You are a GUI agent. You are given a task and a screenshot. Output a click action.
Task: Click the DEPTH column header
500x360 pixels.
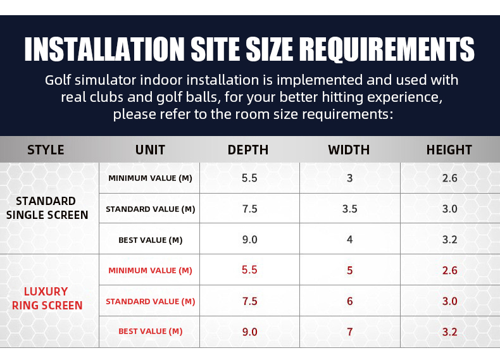(x=247, y=150)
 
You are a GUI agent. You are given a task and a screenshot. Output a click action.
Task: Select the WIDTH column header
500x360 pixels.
(x=349, y=150)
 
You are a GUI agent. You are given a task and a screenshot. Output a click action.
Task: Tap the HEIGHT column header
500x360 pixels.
(x=449, y=150)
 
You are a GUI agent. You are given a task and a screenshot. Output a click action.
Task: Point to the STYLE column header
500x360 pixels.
(x=46, y=150)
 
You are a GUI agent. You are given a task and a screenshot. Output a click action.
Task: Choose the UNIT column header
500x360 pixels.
(x=150, y=150)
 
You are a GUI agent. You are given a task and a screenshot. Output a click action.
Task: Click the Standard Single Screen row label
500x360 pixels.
(x=47, y=208)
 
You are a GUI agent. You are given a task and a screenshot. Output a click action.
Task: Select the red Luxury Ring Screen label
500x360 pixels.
(x=47, y=299)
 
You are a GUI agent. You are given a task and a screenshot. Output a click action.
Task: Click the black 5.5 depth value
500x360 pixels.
(x=249, y=178)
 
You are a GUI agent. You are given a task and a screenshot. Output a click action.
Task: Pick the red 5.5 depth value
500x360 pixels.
(x=249, y=270)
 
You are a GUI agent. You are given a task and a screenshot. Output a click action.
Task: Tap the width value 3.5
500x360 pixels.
(x=350, y=209)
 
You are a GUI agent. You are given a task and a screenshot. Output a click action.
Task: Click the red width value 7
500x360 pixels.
(x=350, y=332)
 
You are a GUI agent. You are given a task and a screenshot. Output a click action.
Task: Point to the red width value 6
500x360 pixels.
(x=350, y=301)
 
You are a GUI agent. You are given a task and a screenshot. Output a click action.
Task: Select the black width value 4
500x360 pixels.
(x=350, y=239)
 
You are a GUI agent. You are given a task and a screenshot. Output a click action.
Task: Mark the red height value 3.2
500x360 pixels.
(x=449, y=332)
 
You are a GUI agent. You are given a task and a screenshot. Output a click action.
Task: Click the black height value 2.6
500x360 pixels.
(x=449, y=178)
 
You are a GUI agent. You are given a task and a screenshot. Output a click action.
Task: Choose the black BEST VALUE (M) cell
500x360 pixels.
(x=150, y=240)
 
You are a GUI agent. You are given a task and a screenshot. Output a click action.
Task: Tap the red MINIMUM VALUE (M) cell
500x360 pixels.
(x=150, y=270)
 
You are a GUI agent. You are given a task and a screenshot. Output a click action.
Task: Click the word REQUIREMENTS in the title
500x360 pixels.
(x=387, y=49)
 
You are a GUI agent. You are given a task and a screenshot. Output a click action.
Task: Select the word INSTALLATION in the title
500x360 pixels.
(x=104, y=49)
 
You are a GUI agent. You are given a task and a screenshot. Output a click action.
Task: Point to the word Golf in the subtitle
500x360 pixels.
(x=58, y=80)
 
